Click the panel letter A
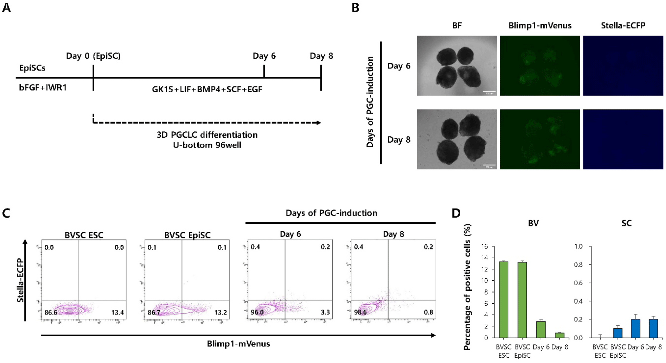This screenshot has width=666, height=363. click(x=6, y=7)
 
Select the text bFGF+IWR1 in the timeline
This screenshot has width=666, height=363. click(x=43, y=88)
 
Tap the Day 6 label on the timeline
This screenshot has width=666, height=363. click(x=264, y=56)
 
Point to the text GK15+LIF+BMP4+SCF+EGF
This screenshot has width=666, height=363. click(x=207, y=89)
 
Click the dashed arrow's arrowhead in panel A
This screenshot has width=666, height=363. click(x=319, y=123)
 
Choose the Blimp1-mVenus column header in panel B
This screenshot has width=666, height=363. click(x=540, y=25)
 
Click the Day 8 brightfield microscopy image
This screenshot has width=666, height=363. click(x=457, y=139)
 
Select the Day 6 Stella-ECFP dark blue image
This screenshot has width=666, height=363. click(x=623, y=65)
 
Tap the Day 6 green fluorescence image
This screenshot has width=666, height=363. click(x=540, y=65)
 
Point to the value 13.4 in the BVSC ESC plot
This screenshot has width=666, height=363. click(x=118, y=312)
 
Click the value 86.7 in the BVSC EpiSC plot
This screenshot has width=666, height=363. click(x=154, y=312)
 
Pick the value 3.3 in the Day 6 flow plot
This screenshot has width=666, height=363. click(x=325, y=312)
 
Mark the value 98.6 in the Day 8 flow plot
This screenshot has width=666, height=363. click(x=360, y=312)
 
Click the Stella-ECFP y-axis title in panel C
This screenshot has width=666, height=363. click(x=20, y=280)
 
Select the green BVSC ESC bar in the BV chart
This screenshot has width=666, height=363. click(x=503, y=300)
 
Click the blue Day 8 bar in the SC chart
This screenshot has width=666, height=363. click(x=653, y=328)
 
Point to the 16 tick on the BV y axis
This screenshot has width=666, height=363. click(x=484, y=246)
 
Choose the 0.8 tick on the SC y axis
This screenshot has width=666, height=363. click(x=578, y=265)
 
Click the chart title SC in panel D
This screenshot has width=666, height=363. click(x=626, y=223)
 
